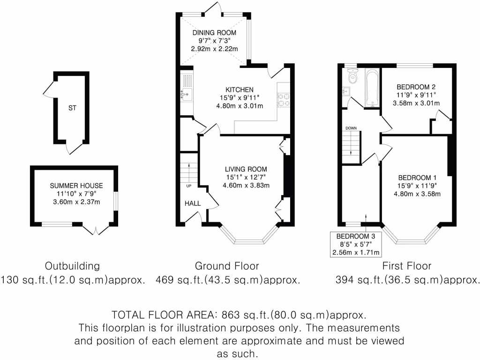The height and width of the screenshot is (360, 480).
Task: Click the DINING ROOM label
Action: pyautogui.click(x=214, y=33)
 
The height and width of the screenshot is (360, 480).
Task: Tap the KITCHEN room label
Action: pyautogui.click(x=240, y=90)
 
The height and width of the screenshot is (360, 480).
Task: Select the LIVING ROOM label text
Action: pyautogui.click(x=246, y=169)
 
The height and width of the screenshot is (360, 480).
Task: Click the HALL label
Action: pyautogui.click(x=193, y=203)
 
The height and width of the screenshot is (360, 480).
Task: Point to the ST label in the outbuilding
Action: pyautogui.click(x=72, y=108)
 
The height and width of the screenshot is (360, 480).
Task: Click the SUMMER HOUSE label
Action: pyautogui.click(x=76, y=186)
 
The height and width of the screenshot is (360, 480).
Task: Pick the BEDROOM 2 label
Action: pyautogui.click(x=416, y=87)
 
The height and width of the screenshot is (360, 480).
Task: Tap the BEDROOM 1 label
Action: pyautogui.click(x=417, y=178)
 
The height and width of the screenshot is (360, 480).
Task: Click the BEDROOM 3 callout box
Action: pyautogui.click(x=357, y=244)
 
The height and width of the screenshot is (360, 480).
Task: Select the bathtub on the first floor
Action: pyautogui.click(x=372, y=88)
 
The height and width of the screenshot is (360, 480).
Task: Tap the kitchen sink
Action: pyautogui.click(x=186, y=96)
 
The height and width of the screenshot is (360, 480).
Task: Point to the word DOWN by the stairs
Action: pyautogui.click(x=351, y=128)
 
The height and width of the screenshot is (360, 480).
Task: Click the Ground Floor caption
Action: pyautogui.click(x=227, y=266)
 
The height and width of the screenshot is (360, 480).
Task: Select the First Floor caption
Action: pyautogui.click(x=406, y=266)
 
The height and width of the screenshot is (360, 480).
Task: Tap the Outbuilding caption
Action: pyautogui.click(x=72, y=266)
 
